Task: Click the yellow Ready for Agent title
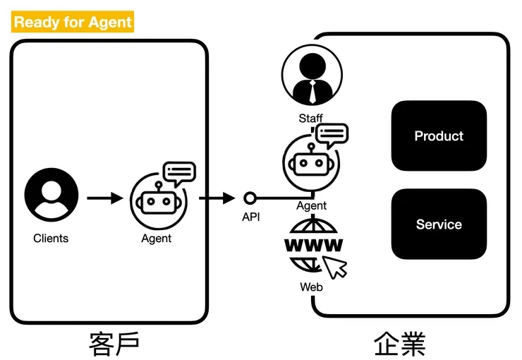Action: coord(73,22)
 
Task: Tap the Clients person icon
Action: coord(51,194)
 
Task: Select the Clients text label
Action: coord(51,239)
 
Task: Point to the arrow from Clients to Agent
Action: coord(104,198)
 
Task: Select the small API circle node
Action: coord(249,198)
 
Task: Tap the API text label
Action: coord(251,217)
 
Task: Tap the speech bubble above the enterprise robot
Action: coord(332,134)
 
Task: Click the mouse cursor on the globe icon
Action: coord(335,266)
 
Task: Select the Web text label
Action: coord(311,287)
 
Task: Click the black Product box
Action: coord(439,136)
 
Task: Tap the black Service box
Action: coord(439,224)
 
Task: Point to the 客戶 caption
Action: coord(114,344)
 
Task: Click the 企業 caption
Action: coord(399,344)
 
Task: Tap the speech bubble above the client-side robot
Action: coord(179,172)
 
